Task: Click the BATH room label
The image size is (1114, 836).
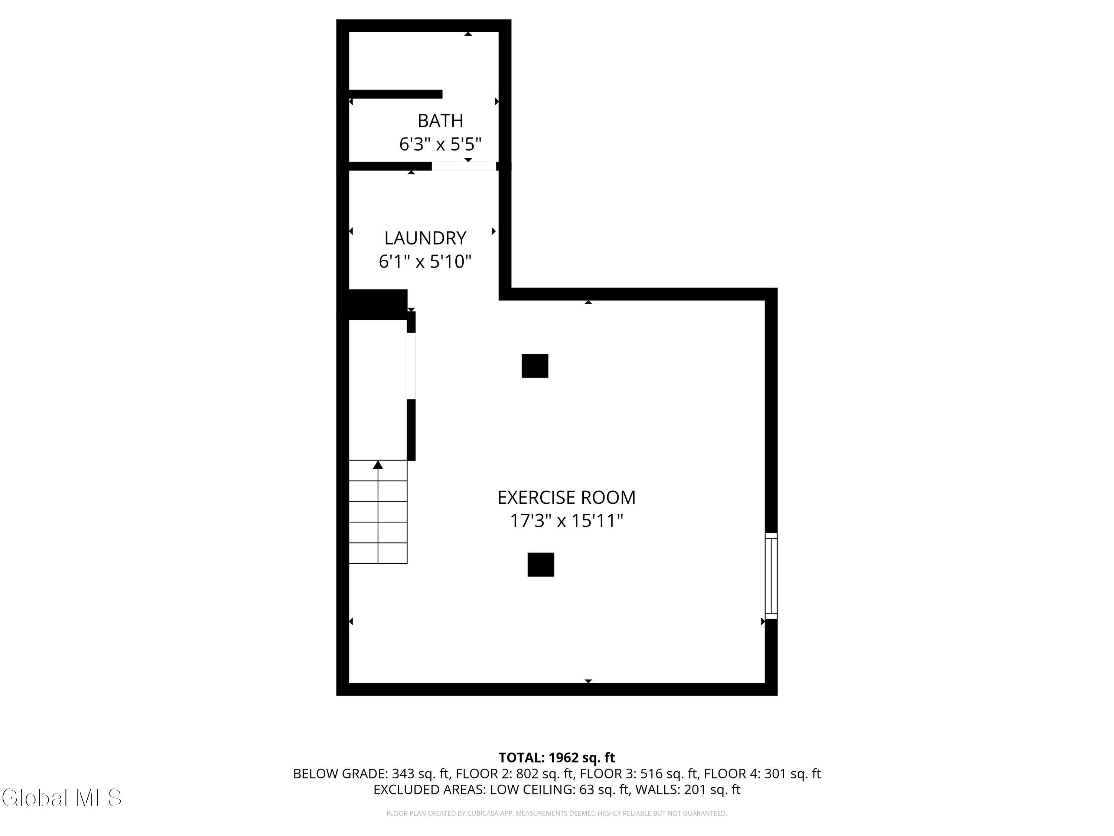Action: pos(440,121)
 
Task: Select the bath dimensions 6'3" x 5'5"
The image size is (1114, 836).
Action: pos(440,145)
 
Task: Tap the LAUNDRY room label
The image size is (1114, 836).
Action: pos(425,238)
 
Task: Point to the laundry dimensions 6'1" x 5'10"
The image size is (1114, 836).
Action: pos(425,262)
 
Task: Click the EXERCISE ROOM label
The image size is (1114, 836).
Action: pos(567,498)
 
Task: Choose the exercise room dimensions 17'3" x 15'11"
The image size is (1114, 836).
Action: pos(567,521)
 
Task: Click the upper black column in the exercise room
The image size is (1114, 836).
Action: pos(535,366)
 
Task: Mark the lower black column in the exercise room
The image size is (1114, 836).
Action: pos(541,564)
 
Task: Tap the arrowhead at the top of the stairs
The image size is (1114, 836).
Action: pos(378,464)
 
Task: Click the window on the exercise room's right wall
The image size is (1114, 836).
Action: pos(771,576)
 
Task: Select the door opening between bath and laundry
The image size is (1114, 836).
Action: pos(464,166)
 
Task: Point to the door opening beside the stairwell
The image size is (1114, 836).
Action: pos(411,366)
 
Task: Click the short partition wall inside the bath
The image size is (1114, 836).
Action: pos(395,94)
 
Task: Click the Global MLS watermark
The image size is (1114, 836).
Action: pos(61,798)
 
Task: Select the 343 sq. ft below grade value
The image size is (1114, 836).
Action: pos(420,774)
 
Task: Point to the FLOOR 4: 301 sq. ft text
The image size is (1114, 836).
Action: pos(762,774)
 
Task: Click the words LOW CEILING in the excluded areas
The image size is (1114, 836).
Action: pos(532,790)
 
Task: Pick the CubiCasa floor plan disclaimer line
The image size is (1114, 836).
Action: pos(557,813)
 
